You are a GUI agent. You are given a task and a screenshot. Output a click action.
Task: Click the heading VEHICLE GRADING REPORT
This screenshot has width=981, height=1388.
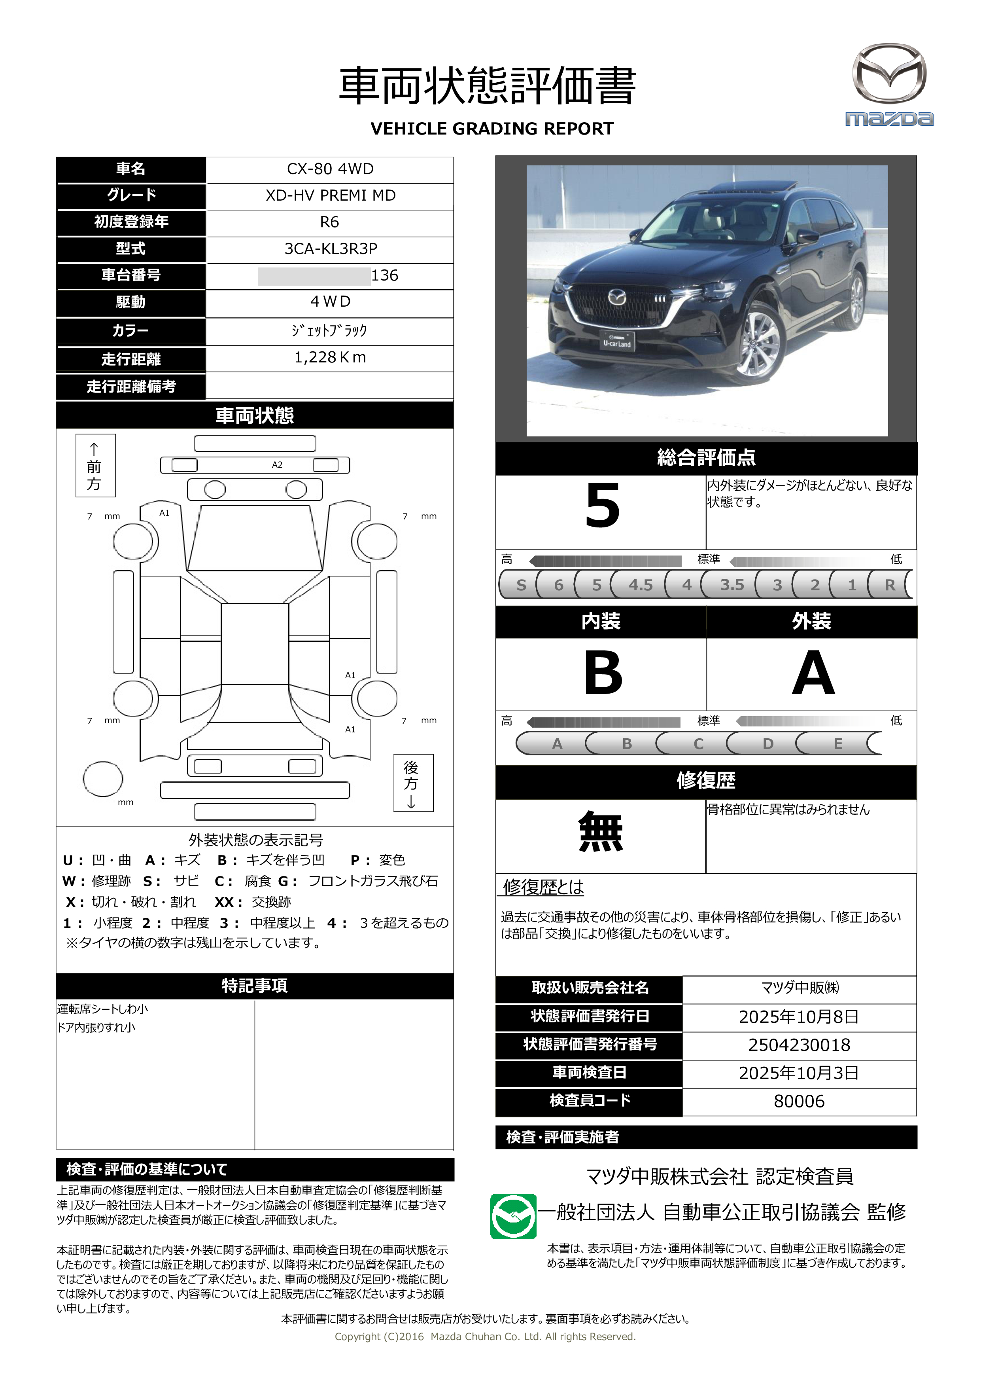492,129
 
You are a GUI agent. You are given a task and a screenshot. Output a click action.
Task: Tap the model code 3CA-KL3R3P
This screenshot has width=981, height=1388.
330,248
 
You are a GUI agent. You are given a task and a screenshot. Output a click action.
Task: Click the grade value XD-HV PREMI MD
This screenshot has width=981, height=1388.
330,195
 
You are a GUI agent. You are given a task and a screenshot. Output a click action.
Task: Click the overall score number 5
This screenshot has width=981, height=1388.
602,506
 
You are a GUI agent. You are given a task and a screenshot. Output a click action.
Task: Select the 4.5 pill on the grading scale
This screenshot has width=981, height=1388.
640,584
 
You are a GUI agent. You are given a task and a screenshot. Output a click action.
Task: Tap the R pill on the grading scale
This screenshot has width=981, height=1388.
889,584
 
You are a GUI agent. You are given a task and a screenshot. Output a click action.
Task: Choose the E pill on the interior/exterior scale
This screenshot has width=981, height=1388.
837,743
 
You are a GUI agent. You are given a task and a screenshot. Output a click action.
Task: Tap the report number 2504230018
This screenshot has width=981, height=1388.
799,1045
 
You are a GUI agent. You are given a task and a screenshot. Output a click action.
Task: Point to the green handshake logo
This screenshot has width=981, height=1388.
513,1216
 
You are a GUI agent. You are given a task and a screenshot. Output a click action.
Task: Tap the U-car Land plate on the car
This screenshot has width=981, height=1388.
617,341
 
